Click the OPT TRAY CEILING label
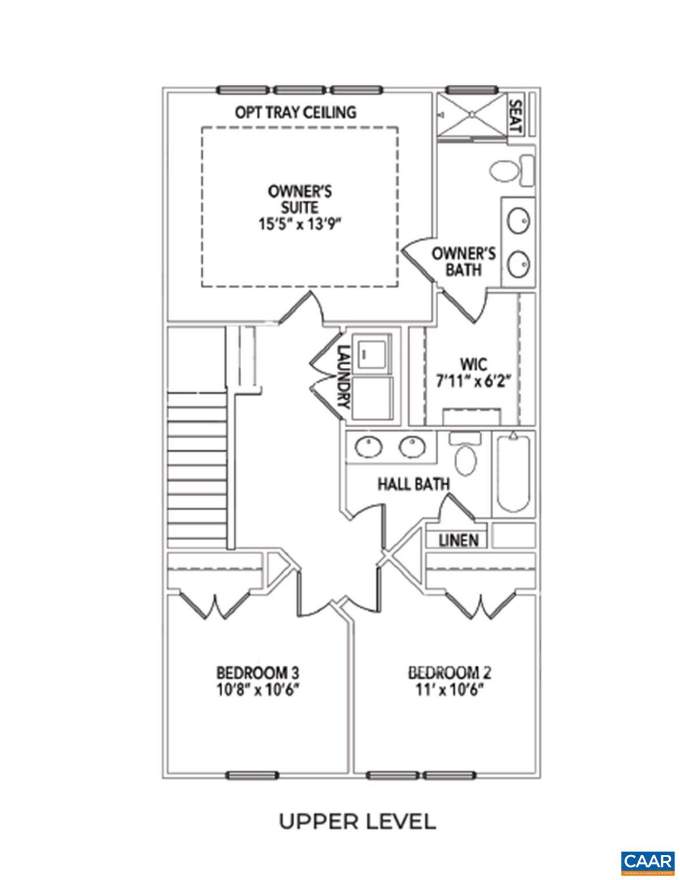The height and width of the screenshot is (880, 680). (x=295, y=112)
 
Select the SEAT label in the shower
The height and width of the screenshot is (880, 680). (x=514, y=117)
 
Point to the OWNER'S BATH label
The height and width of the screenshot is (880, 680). (x=463, y=261)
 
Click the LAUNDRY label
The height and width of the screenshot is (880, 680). (x=343, y=375)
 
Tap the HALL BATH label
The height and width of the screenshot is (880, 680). (x=413, y=484)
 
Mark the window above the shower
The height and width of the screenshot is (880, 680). (x=471, y=90)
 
